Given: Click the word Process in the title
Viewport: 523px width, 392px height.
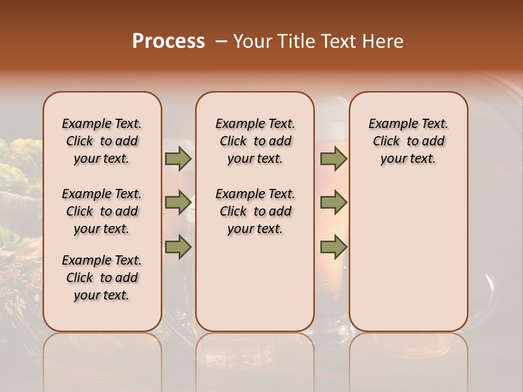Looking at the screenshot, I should pyautogui.click(x=168, y=41).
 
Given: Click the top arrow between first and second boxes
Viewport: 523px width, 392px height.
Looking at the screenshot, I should pyautogui.click(x=178, y=159).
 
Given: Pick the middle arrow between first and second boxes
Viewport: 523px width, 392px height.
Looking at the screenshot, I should pyautogui.click(x=178, y=203).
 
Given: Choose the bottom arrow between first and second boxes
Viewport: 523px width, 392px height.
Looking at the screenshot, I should pyautogui.click(x=178, y=248).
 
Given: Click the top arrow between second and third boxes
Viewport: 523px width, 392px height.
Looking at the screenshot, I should pyautogui.click(x=333, y=159).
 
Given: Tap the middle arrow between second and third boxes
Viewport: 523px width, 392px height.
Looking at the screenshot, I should pyautogui.click(x=333, y=203).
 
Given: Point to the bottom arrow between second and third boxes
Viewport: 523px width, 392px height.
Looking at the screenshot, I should pyautogui.click(x=333, y=248).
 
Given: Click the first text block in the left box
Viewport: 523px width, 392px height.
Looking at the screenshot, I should pyautogui.click(x=102, y=141).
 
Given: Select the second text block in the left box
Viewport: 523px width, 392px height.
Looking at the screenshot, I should pyautogui.click(x=102, y=211).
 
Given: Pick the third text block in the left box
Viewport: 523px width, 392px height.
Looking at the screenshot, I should pyautogui.click(x=102, y=278).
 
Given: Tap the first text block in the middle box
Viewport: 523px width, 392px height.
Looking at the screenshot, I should pyautogui.click(x=255, y=141).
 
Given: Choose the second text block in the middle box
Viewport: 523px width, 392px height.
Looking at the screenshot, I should pyautogui.click(x=255, y=211).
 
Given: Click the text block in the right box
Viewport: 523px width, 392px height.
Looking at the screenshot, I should pyautogui.click(x=408, y=141).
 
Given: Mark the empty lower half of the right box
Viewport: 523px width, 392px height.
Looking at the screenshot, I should pyautogui.click(x=408, y=256).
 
